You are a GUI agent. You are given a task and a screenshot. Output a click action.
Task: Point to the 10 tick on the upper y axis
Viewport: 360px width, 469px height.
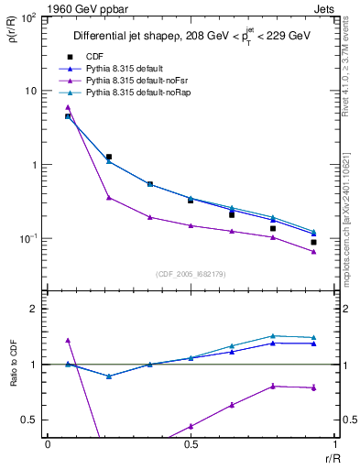click(30, 92)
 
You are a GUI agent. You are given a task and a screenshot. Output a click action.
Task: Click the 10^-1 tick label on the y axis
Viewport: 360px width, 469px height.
click(28, 239)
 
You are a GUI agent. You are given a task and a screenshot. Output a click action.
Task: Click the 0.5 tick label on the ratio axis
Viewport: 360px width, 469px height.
click(31, 420)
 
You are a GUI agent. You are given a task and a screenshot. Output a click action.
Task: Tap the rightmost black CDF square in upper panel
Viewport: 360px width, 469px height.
click(313, 243)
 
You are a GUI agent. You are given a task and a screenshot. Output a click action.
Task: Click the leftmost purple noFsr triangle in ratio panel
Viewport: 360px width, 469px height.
click(68, 340)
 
